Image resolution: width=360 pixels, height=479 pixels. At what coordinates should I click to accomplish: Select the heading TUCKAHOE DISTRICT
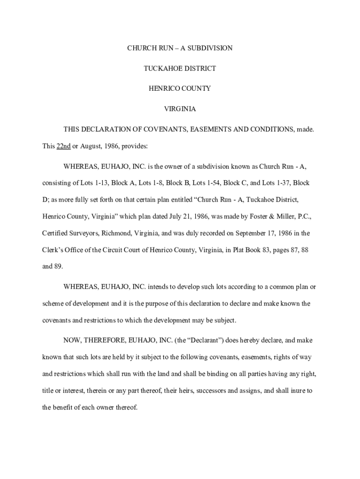180,68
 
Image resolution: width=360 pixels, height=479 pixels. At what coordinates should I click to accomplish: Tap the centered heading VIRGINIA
180,109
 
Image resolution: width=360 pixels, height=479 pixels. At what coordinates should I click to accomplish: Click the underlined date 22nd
64,146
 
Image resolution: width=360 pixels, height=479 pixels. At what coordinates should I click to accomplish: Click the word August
90,146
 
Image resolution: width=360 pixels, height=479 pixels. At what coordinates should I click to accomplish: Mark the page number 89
58,267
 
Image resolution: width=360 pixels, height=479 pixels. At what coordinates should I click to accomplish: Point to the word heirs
189,391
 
